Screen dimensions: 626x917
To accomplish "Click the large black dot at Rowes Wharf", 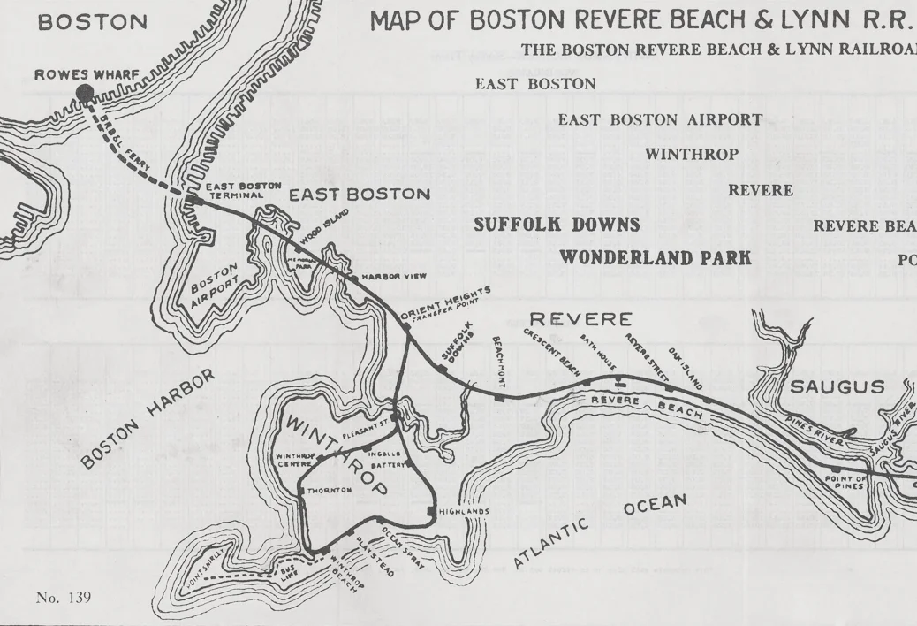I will (84, 93).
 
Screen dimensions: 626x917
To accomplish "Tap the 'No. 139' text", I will (64, 598).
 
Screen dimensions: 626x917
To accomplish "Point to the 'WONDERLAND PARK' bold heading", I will (656, 258).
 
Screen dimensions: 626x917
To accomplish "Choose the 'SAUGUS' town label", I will (837, 387).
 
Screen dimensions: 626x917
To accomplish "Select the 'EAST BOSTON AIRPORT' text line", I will (660, 119).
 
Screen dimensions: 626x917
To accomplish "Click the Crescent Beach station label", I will (551, 353).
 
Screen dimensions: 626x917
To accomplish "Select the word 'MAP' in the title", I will (405, 20).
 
